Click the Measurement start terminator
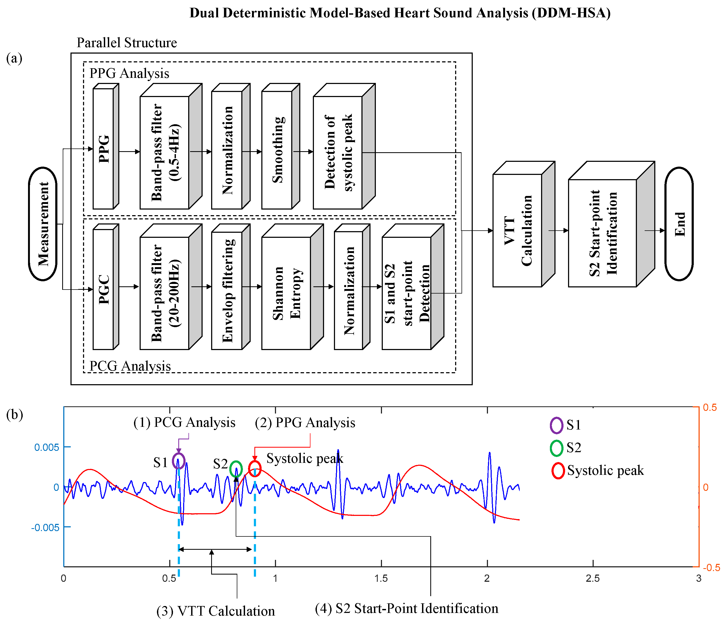click(43, 224)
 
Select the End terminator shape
click(679, 224)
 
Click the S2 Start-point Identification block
click(602, 233)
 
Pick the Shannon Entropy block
click(286, 293)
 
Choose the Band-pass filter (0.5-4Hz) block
click(164, 153)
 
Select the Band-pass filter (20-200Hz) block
click(164, 293)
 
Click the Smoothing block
click(277, 150)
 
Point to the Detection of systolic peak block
click(338, 153)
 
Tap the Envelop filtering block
click(227, 290)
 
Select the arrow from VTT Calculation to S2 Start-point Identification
click(558, 231)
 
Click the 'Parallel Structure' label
click(127, 43)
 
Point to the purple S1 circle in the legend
click(556, 425)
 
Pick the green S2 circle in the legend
click(556, 448)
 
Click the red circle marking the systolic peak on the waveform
click(255, 469)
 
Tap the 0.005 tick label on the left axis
click(46, 447)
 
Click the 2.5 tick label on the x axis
click(593, 579)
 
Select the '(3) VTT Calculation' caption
click(215, 611)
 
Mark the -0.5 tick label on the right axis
click(711, 568)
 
